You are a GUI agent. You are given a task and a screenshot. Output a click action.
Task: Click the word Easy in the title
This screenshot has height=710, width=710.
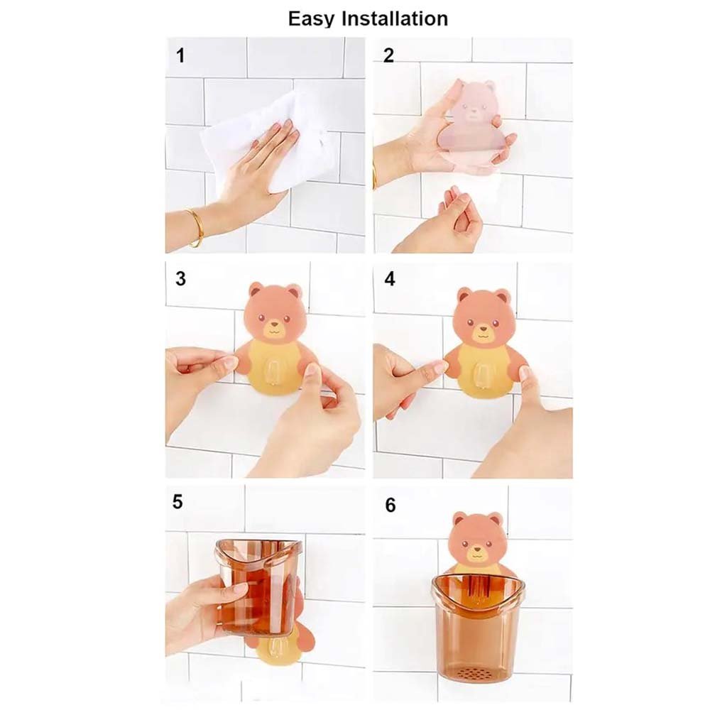tap(312, 19)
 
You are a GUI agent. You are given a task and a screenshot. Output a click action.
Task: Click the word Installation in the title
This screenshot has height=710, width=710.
tap(394, 18)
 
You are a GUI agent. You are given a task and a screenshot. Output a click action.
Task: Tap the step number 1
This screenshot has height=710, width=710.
tap(180, 56)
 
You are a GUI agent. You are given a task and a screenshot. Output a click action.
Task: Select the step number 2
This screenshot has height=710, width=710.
tap(388, 55)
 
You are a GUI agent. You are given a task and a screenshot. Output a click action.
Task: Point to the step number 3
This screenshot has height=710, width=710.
tap(180, 278)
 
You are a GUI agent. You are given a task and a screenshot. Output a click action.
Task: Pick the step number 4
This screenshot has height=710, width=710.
tap(389, 279)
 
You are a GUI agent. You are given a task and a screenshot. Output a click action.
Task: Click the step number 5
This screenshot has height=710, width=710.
tap(177, 502)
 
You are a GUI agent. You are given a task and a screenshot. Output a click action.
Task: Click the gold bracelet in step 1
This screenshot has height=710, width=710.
tap(197, 227)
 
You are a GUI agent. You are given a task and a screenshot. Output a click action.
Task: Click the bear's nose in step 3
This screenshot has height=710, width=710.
tap(273, 324)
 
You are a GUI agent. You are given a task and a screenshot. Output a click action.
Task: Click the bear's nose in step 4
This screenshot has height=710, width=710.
tap(483, 329)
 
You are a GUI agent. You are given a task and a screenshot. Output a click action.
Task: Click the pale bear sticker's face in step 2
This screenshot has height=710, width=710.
tap(474, 105)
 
